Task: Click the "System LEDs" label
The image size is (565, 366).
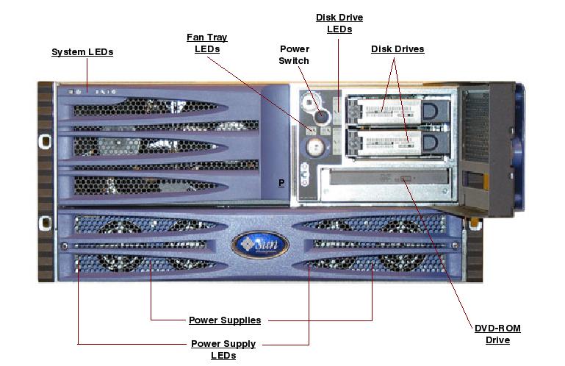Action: (82, 52)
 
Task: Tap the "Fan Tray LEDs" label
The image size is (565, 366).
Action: (207, 43)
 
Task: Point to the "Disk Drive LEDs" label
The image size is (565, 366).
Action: (339, 24)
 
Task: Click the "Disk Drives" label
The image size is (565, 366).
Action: (397, 49)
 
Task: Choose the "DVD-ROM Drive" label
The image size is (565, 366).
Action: (497, 334)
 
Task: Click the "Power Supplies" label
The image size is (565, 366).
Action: (225, 320)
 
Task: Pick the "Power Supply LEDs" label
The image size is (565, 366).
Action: (223, 349)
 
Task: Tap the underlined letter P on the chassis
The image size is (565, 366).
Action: (281, 183)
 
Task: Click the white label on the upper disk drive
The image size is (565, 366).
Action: (388, 110)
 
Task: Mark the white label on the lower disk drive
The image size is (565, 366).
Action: (388, 140)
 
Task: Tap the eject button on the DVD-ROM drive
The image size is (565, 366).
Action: (406, 179)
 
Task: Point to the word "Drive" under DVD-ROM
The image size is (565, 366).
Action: (497, 340)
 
